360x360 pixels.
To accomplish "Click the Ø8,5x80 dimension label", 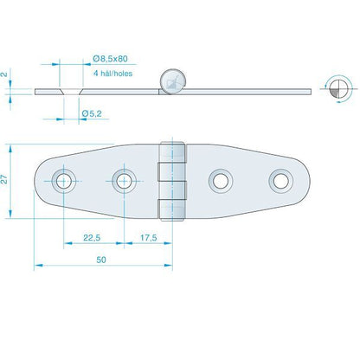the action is [110, 59].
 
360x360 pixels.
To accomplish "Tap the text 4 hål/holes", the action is [112, 74].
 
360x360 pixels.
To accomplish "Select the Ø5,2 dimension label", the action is [92, 113].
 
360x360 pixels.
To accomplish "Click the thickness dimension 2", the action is [4, 74].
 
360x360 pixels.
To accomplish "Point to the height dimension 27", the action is [4, 180].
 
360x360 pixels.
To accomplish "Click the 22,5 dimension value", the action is [92, 238].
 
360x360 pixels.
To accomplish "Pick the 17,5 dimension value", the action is [149, 238].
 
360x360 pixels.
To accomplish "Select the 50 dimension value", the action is [101, 260].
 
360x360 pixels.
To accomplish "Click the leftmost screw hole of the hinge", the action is [63, 181].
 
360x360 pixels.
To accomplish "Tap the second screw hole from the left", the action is [124, 181].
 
